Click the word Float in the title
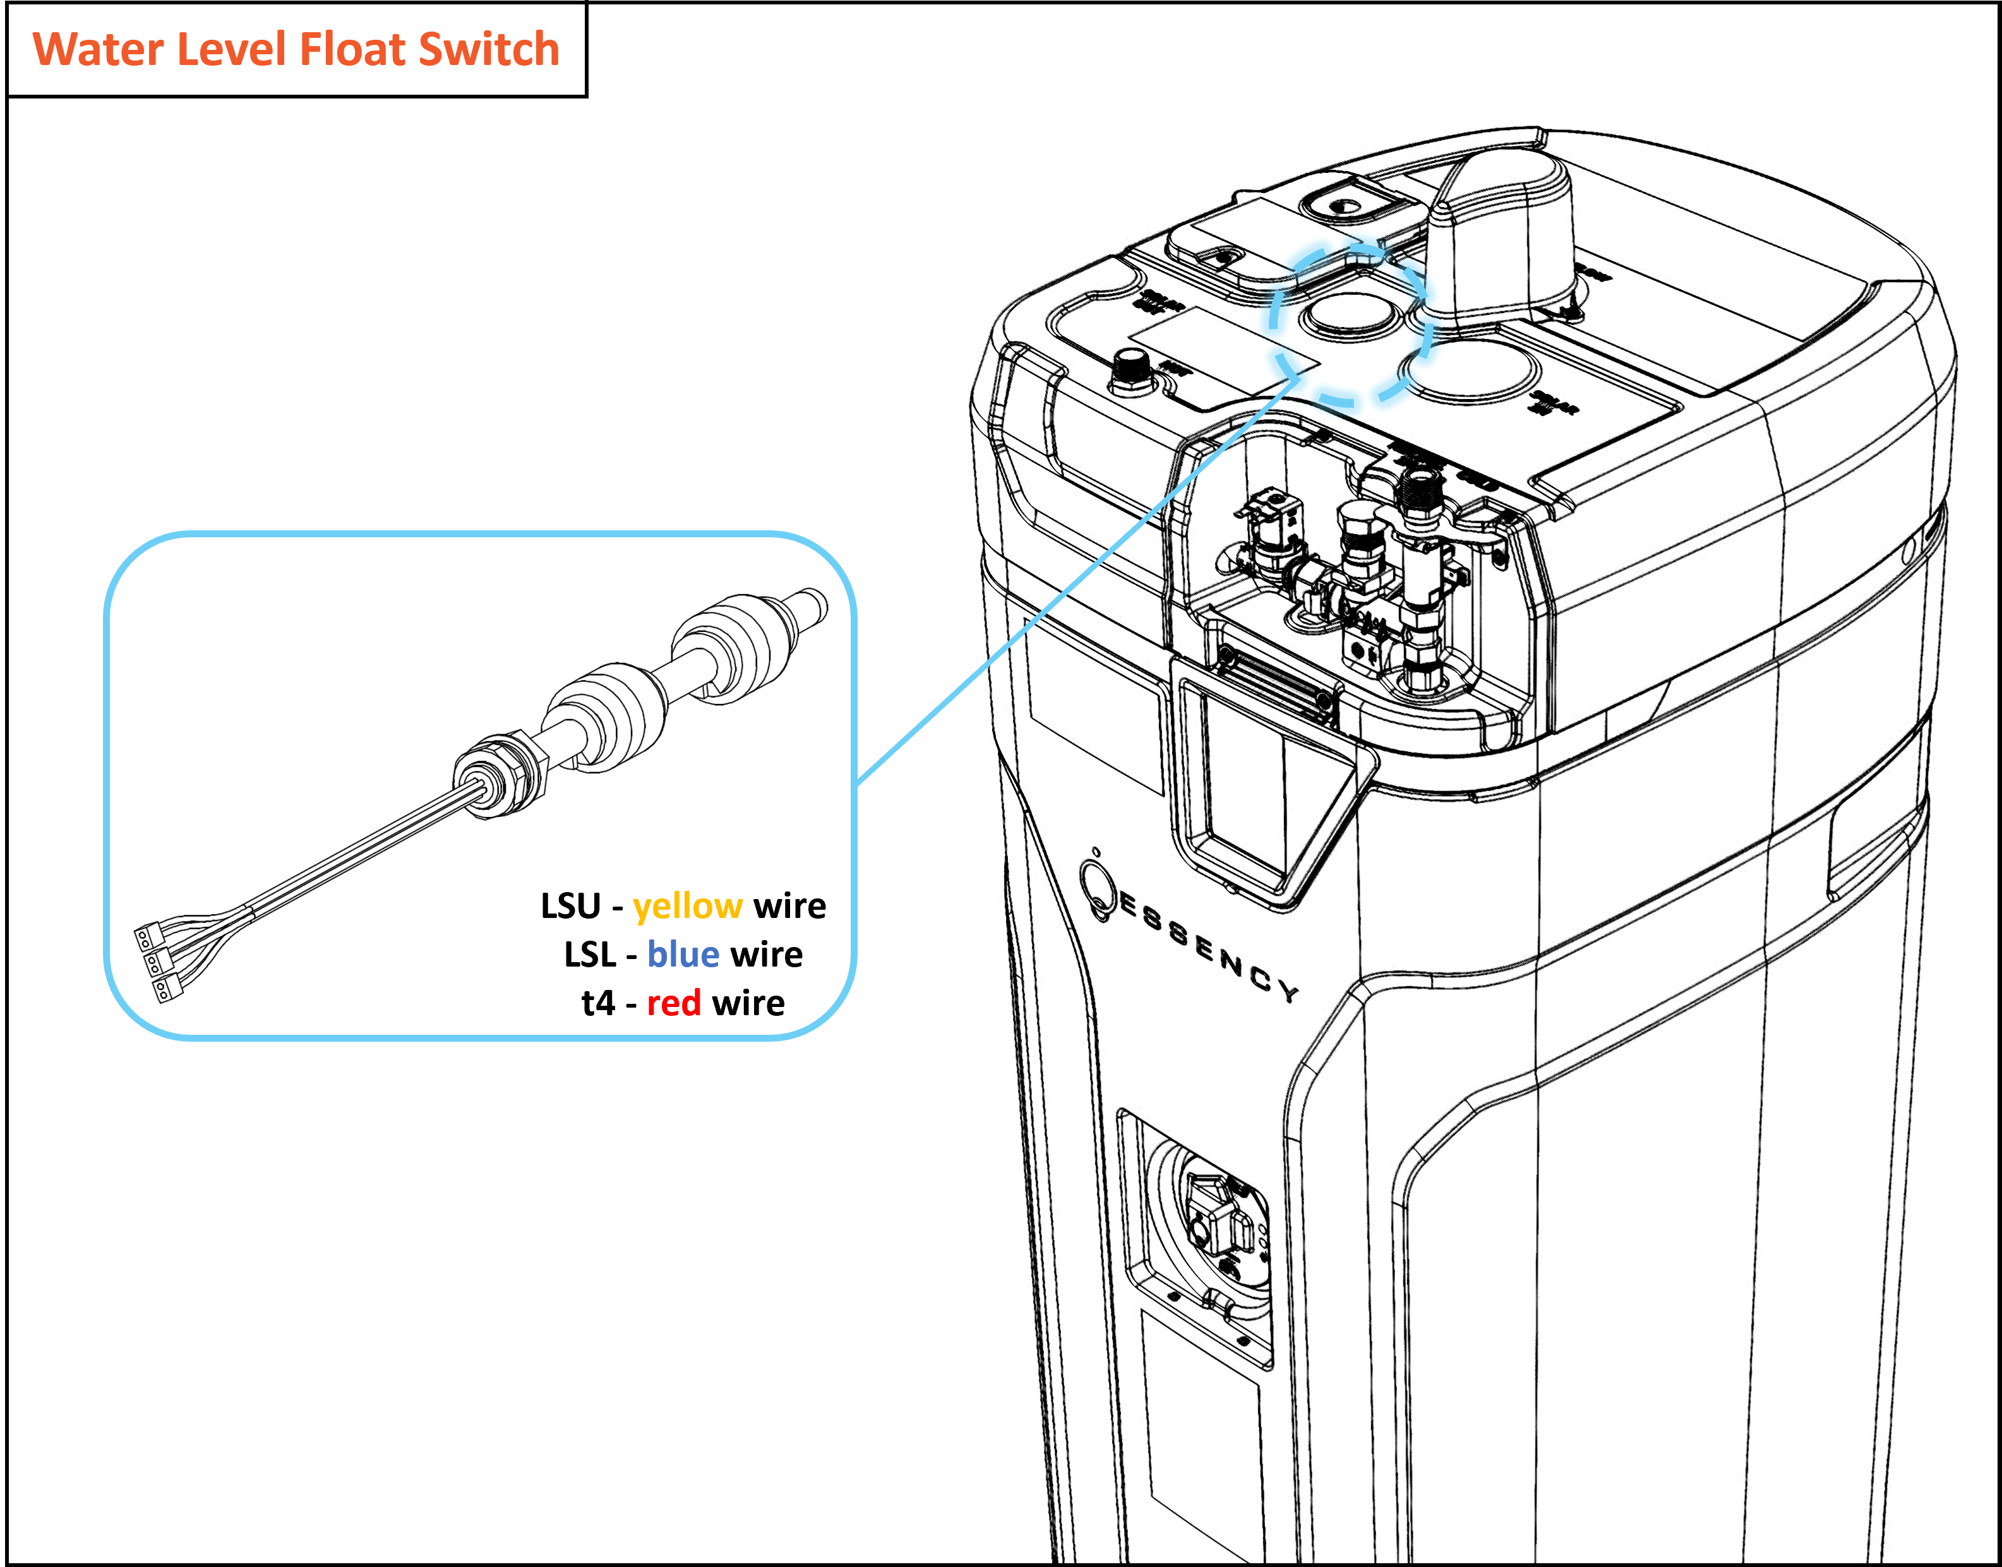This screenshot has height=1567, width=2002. pos(353,49)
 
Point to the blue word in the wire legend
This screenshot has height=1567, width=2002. pos(683,955)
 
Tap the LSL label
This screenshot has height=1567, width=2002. pos(589,955)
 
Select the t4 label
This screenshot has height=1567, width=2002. pos(597,1004)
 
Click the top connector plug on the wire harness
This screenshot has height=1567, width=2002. pos(146,937)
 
